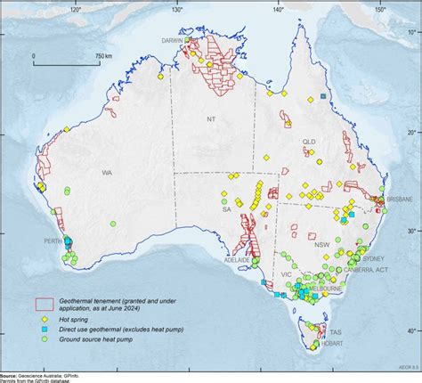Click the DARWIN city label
[x=174, y=42]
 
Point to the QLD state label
[x=309, y=142]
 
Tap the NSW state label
[x=322, y=243]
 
